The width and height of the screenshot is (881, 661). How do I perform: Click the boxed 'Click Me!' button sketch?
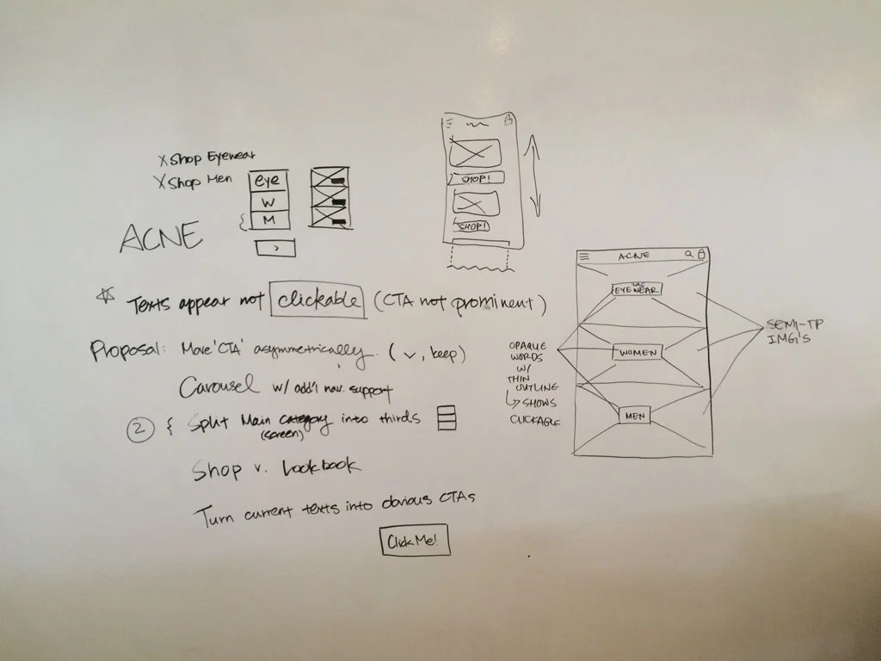(415, 541)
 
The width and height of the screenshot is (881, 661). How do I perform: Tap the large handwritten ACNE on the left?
(161, 236)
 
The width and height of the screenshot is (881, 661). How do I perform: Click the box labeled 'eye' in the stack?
(269, 182)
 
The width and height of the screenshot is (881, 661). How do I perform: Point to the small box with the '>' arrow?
(275, 248)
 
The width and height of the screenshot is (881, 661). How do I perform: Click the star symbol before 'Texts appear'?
(107, 297)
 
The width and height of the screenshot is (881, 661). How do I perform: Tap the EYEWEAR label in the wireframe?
(637, 289)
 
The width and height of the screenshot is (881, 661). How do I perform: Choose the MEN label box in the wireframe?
(635, 416)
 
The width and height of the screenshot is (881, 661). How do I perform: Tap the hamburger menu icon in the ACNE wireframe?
(585, 256)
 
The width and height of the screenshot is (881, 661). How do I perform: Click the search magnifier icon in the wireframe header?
(688, 254)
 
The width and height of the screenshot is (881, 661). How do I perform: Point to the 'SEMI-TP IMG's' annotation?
(792, 331)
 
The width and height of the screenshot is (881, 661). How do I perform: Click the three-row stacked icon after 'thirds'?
(446, 417)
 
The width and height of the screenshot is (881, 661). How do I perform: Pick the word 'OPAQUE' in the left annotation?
(527, 345)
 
